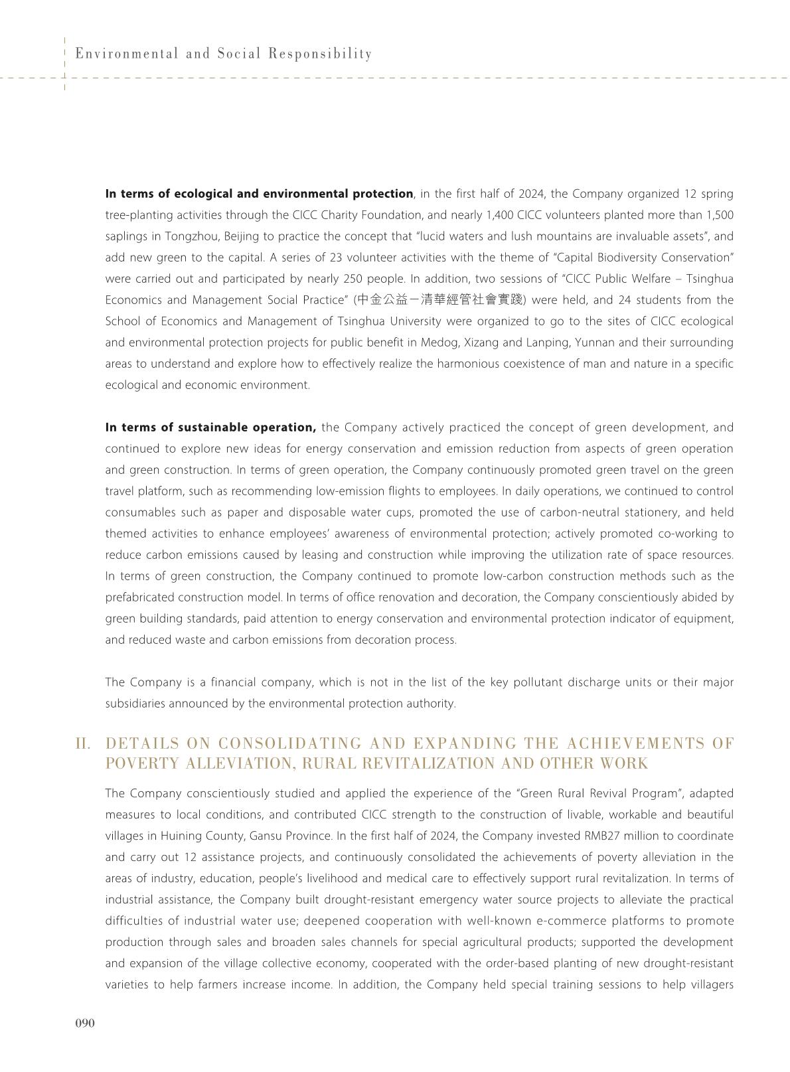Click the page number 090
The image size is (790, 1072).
[x=84, y=1023]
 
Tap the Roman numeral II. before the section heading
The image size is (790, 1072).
[x=83, y=743]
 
